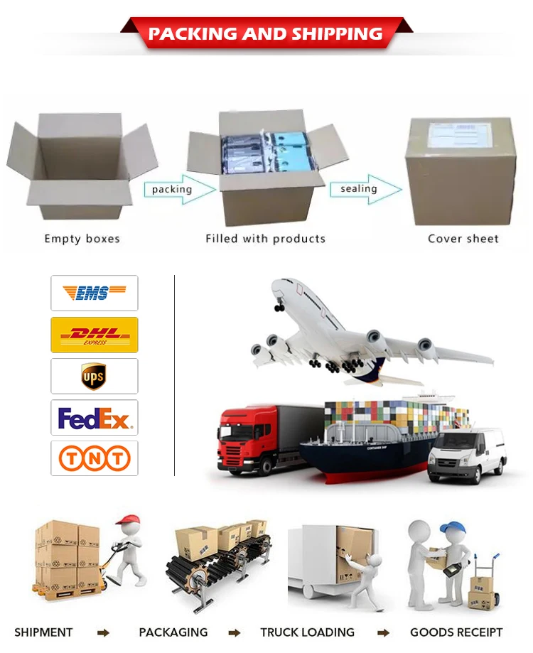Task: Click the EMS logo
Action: pos(94,293)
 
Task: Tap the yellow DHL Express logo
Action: pos(94,335)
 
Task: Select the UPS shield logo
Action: pos(94,376)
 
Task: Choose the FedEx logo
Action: pos(94,418)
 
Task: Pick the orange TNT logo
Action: pos(94,458)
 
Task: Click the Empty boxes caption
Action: pos(82,239)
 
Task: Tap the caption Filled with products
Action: pos(265,239)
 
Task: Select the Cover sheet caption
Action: pos(463,239)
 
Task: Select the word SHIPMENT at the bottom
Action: pos(43,632)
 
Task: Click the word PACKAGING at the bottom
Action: pos(173,632)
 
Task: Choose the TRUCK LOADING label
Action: pos(307,632)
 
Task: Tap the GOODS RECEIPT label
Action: pos(456,632)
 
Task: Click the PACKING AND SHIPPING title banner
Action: pos(266,33)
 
